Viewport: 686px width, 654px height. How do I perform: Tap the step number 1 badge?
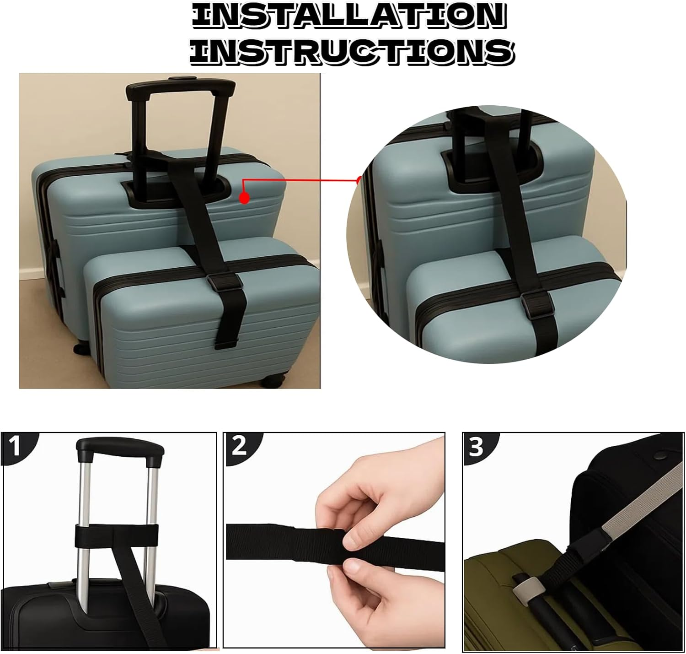[x=15, y=447]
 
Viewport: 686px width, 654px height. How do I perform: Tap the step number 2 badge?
[x=239, y=446]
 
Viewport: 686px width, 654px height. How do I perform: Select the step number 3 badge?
[x=476, y=447]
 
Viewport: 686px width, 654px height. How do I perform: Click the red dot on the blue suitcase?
[x=245, y=198]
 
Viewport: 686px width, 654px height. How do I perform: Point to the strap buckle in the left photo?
[x=219, y=281]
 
